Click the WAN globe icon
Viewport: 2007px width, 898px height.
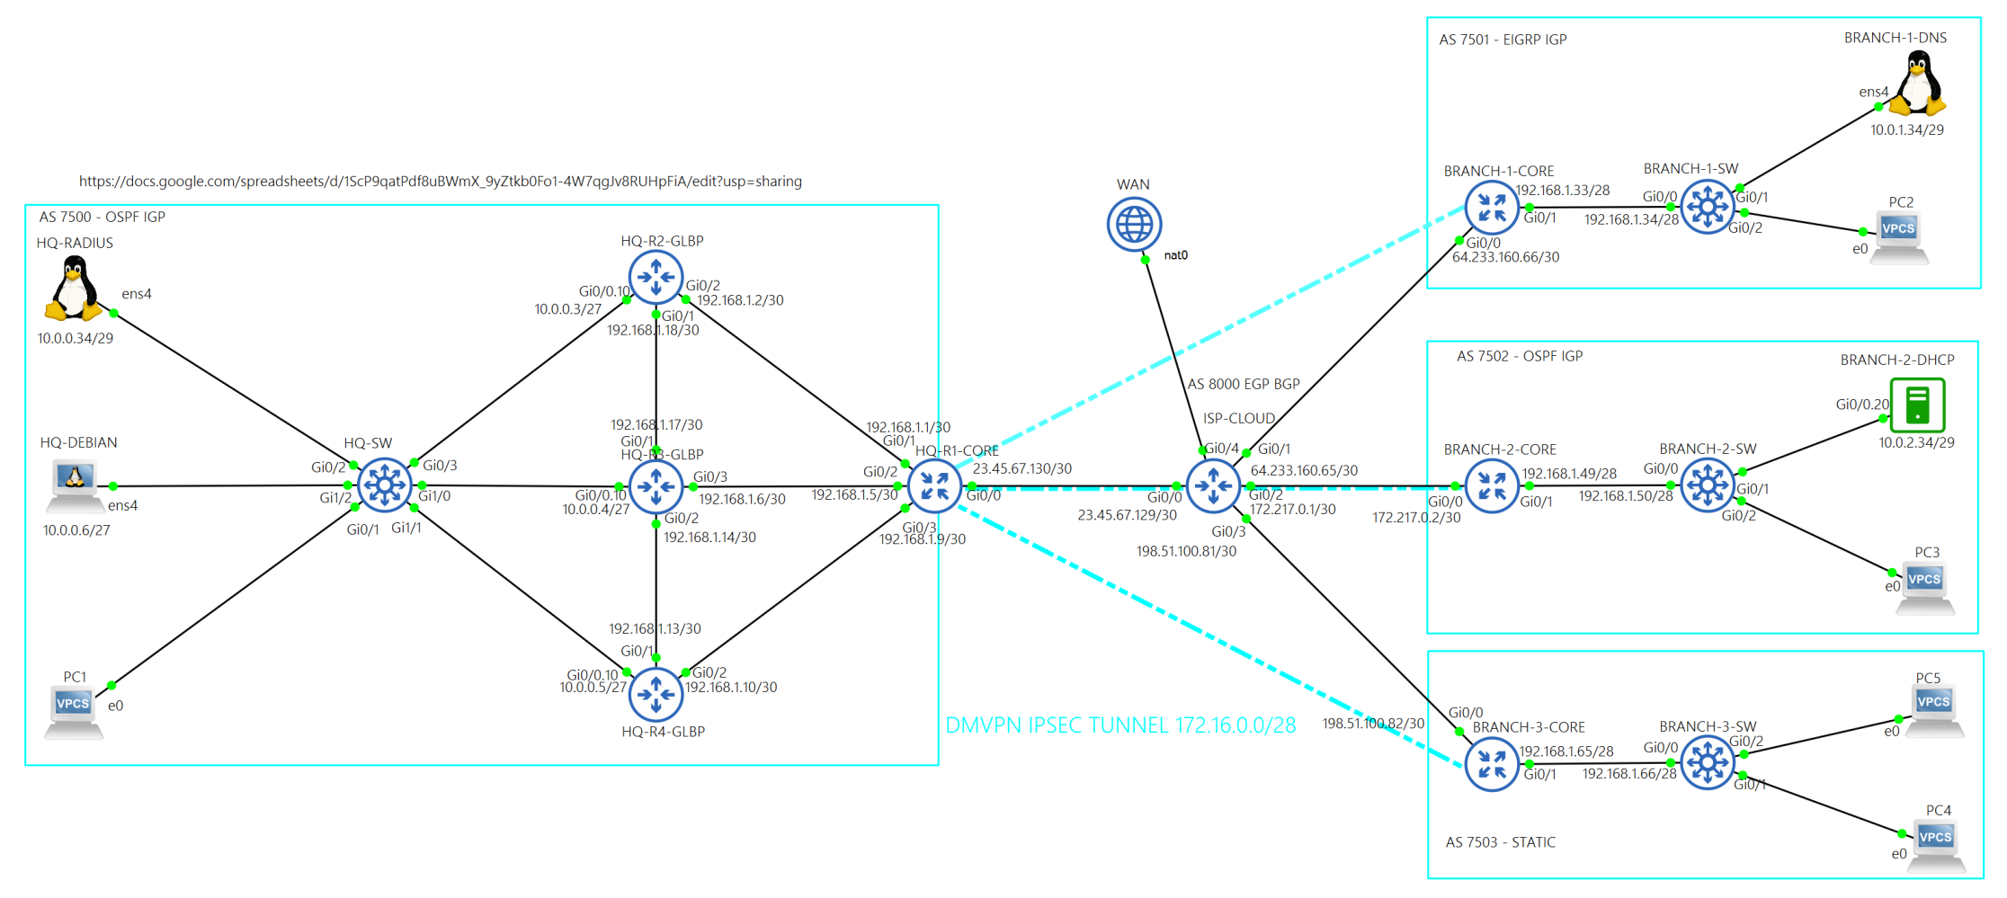click(x=1134, y=224)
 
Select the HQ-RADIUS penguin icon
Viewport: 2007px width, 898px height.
click(x=74, y=289)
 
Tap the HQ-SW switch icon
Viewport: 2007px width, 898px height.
click(x=385, y=485)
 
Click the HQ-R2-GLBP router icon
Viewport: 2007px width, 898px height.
click(x=656, y=277)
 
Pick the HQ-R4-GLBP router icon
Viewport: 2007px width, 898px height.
click(x=656, y=694)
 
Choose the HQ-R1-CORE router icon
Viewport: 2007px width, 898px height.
click(x=934, y=486)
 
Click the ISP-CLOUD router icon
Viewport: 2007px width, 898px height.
click(x=1213, y=486)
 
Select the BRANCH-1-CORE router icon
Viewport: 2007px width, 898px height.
click(x=1491, y=208)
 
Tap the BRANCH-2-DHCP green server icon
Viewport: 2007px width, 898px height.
click(x=1917, y=405)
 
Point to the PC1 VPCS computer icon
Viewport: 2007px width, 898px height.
click(x=74, y=710)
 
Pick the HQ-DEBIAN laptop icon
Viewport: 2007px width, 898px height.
click(x=75, y=483)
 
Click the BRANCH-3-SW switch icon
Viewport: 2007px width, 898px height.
click(x=1707, y=763)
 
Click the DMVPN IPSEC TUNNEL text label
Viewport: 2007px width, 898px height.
click(x=1120, y=725)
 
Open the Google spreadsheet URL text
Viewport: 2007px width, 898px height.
click(x=440, y=182)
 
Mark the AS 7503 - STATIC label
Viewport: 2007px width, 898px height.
click(x=1500, y=842)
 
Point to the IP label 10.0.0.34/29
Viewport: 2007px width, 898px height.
click(x=76, y=339)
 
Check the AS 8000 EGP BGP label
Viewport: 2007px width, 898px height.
click(x=1244, y=384)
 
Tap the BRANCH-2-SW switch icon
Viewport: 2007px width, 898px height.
click(x=1707, y=485)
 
